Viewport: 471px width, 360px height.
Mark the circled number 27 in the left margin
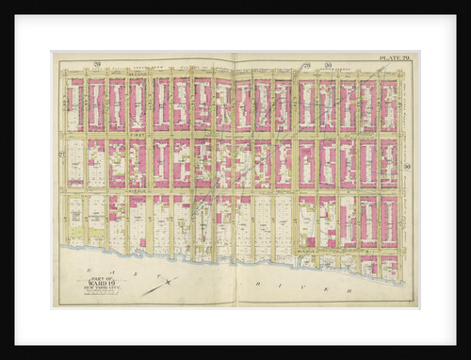pos(61,153)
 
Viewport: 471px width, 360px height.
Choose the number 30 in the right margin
pos(407,166)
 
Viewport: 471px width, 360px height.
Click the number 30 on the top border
pos(328,64)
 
